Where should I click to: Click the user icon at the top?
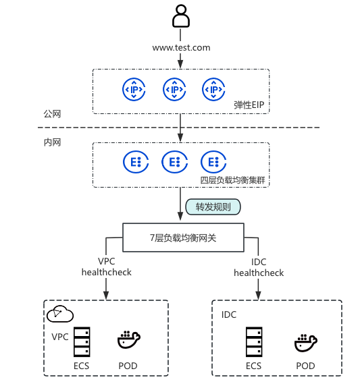tap(181, 16)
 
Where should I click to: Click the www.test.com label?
tap(182, 47)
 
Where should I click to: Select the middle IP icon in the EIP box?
tap(174, 89)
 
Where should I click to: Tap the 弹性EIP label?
tap(249, 105)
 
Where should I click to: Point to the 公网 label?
tap(52, 114)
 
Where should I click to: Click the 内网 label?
tap(52, 142)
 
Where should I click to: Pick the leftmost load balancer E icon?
tap(136, 162)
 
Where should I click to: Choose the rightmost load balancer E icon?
tap(213, 162)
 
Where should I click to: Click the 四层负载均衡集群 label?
tap(232, 180)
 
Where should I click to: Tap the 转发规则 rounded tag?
tap(213, 206)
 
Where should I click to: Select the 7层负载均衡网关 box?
tap(183, 238)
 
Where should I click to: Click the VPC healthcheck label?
tap(107, 267)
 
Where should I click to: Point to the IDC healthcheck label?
tap(259, 267)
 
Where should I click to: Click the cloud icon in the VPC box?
tap(60, 314)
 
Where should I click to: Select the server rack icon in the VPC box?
tap(82, 341)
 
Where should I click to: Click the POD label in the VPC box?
tap(128, 366)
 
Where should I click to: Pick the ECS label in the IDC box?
tap(253, 366)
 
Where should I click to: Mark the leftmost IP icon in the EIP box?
tap(134, 89)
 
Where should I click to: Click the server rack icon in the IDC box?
tap(254, 341)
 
